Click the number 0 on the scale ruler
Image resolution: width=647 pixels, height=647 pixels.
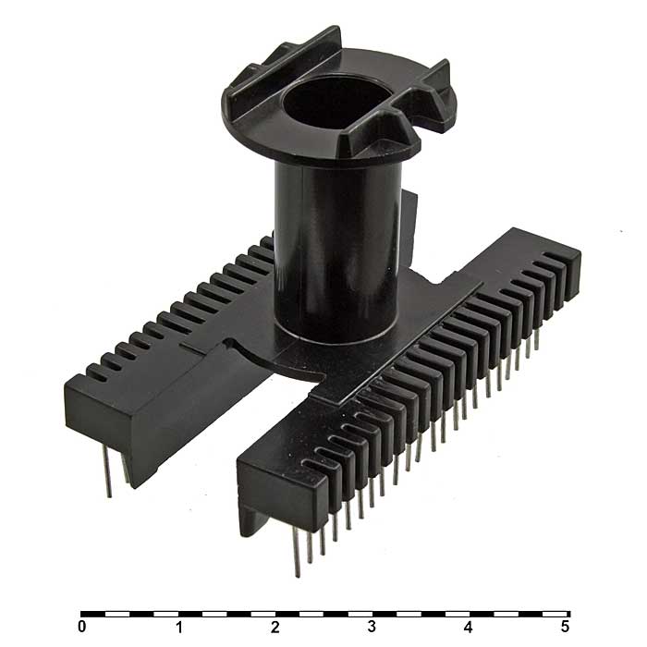82,627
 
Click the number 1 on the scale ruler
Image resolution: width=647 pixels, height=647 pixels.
179,627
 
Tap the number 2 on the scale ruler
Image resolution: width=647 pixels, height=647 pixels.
275,627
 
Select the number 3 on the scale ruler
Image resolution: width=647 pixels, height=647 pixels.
372,627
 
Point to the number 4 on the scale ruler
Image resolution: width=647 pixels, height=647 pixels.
469,627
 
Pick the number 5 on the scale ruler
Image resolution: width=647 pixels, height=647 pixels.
565,627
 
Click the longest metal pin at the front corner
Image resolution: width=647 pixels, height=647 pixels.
297,552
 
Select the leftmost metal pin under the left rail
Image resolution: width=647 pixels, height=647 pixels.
106,471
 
